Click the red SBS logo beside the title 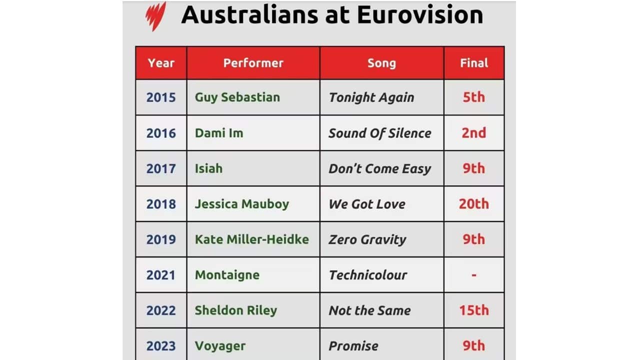pos(155,16)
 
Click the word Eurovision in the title pos(420,15)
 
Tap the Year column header pos(161,63)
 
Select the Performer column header pos(253,63)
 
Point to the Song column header pos(381,63)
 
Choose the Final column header pos(474,63)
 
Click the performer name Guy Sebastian pos(237,97)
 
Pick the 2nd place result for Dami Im pos(474,133)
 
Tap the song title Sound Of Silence pos(380,133)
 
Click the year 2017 pos(161,168)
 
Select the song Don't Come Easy pos(379,168)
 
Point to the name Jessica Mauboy pos(242,204)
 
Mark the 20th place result pos(474,204)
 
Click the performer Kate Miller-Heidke pos(252,239)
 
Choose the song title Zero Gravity pos(367,239)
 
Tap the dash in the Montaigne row pos(474,275)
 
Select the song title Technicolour pos(367,275)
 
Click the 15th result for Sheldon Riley pos(474,310)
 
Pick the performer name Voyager pos(220,346)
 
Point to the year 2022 pos(161,310)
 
